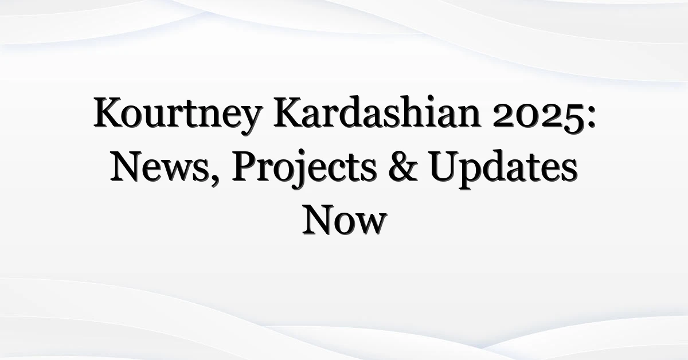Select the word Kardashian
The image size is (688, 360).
(x=377, y=112)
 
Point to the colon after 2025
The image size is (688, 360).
(x=592, y=118)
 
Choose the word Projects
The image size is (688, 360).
(x=304, y=169)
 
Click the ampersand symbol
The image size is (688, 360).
(x=403, y=166)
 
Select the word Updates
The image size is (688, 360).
(x=504, y=170)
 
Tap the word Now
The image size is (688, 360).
(x=345, y=220)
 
